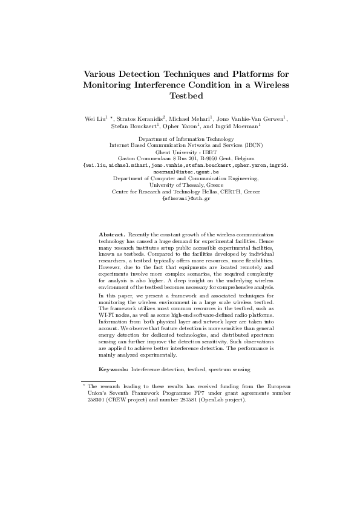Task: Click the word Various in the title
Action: tap(101, 74)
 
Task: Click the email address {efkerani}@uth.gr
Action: tap(180, 198)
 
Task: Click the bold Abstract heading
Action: tap(112, 233)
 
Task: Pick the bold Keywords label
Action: tap(113, 352)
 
